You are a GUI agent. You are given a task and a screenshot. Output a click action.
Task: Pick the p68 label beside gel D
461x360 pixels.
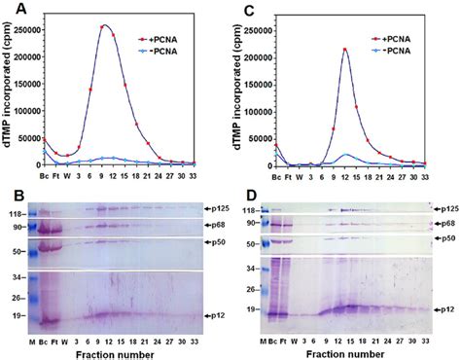[x=445, y=224]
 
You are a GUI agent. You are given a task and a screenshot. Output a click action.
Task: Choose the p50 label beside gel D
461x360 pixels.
[x=445, y=239]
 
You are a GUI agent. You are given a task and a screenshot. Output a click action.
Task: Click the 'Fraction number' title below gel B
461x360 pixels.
[x=118, y=351]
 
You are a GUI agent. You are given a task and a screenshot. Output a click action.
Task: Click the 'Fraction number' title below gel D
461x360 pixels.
[x=348, y=351]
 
